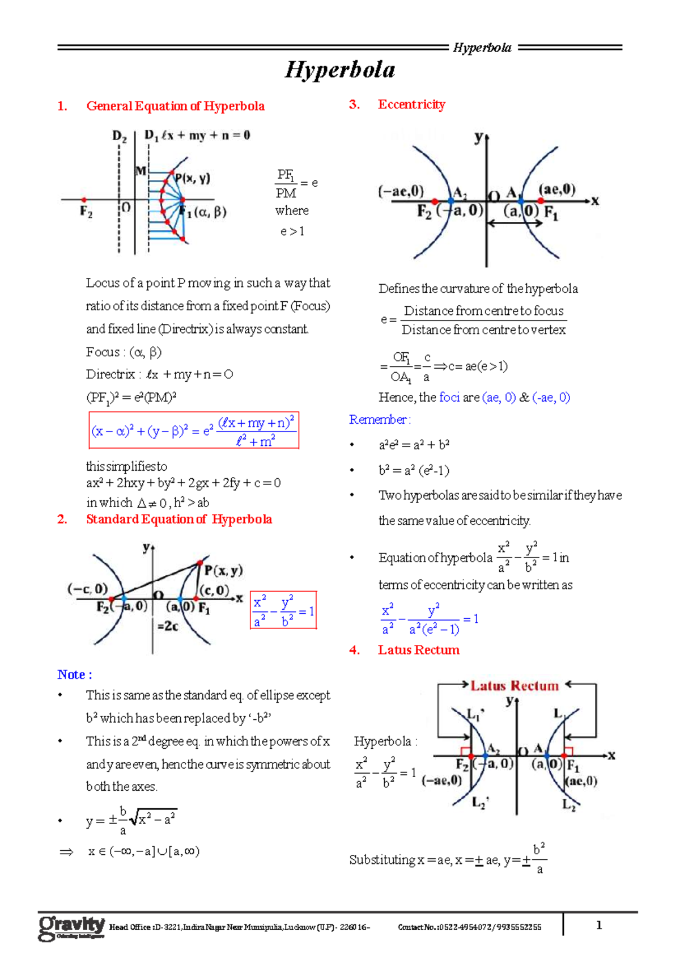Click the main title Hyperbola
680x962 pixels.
340,70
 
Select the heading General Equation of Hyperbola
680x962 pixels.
175,106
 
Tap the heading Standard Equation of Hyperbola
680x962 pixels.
178,519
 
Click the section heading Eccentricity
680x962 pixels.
411,104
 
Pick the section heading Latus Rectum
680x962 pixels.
418,650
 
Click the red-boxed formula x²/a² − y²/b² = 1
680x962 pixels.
283,610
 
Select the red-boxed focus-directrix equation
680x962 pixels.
194,431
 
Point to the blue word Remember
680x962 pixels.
379,420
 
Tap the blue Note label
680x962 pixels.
74,674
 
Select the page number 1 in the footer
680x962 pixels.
599,925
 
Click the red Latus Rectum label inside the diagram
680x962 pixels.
515,686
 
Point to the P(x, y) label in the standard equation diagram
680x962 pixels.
223,571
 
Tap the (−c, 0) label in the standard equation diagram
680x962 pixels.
87,589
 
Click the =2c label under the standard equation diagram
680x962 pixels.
168,626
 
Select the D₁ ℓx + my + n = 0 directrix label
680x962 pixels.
197,136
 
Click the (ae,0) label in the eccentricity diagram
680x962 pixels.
557,189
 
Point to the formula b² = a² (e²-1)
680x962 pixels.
414,470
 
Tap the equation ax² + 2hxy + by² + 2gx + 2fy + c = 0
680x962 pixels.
184,483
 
